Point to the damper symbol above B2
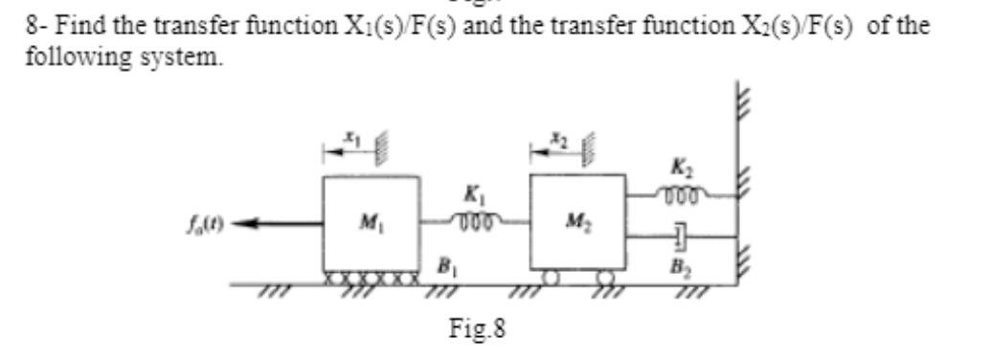tap(679, 233)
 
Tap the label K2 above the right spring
tap(678, 170)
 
